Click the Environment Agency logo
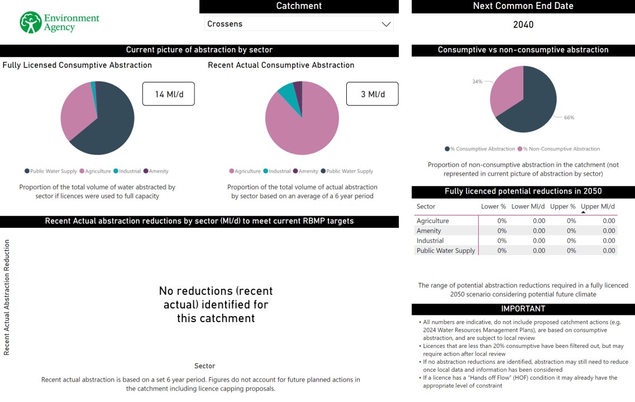(x=59, y=22)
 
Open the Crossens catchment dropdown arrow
(x=385, y=24)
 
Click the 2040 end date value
(x=523, y=25)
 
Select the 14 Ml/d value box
(x=168, y=94)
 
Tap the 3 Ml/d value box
(x=372, y=94)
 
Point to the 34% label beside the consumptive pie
(x=477, y=82)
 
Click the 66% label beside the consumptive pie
(x=569, y=118)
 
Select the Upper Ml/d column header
(x=598, y=207)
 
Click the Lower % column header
(x=493, y=207)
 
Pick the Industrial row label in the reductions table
(x=430, y=241)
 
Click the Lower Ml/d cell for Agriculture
(x=538, y=221)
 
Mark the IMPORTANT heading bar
(x=523, y=309)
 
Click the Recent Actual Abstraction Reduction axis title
(x=7, y=298)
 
